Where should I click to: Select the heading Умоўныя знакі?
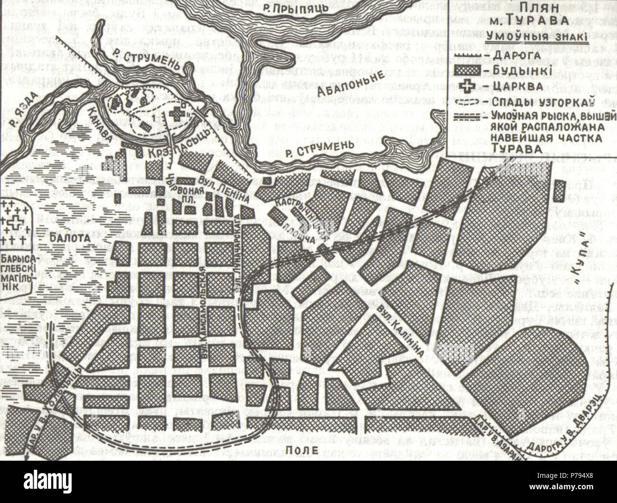point(535,37)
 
